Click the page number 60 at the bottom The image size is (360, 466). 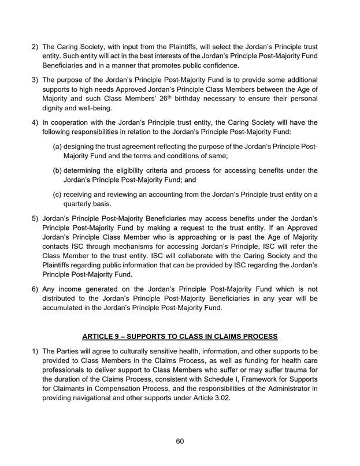coord(180,441)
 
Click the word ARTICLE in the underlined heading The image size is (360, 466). coord(101,336)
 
